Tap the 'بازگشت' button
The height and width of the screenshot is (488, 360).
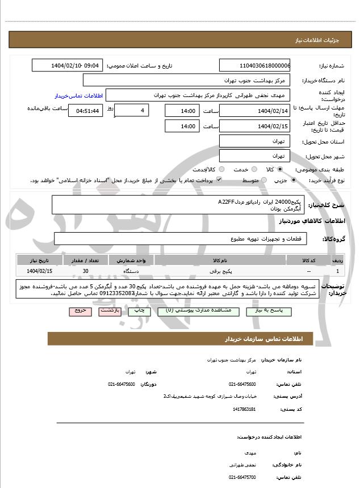pos(110,312)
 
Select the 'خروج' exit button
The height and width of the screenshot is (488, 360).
pos(79,312)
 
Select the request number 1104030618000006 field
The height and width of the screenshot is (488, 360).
pos(254,65)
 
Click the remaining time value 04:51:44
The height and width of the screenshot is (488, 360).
pos(85,111)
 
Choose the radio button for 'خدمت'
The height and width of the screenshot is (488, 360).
pos(253,170)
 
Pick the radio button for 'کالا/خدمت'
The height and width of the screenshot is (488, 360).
pos(221,170)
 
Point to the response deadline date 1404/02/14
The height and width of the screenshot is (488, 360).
pos(254,111)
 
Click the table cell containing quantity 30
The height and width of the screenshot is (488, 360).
pos(85,271)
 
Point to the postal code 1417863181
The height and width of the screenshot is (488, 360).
pos(244,409)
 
